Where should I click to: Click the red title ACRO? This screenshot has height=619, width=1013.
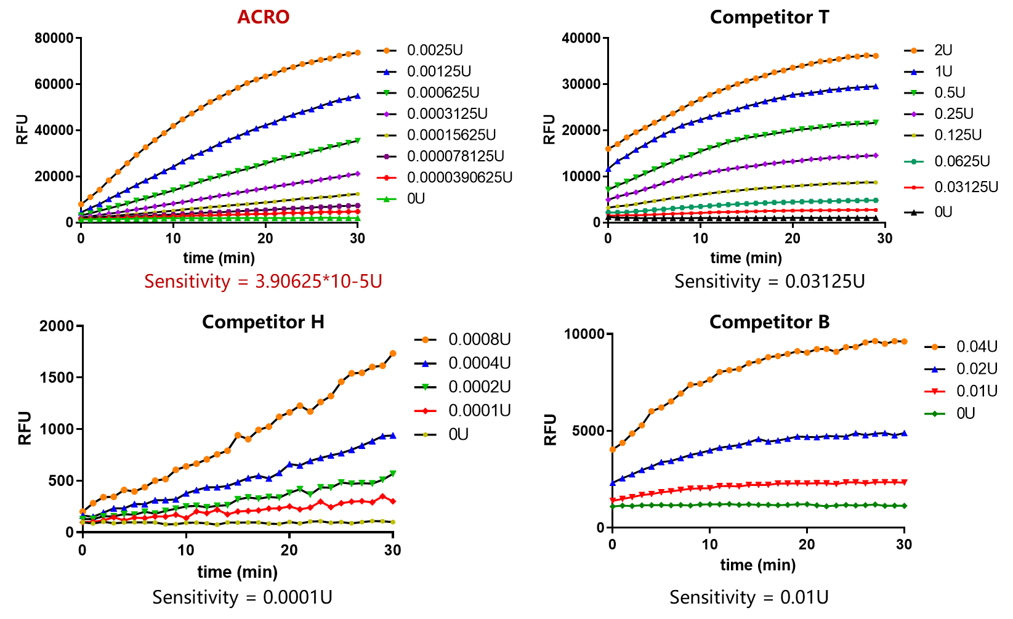pos(263,17)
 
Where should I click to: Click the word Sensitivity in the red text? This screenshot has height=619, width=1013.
pos(187,281)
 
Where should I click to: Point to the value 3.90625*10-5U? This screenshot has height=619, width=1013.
pos(318,281)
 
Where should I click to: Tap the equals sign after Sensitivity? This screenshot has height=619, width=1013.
pos(243,282)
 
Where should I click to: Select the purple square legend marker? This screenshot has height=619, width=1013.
pos(387,156)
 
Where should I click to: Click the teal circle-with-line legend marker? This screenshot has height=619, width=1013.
pos(914,162)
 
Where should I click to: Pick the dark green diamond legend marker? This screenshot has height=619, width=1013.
pos(935,414)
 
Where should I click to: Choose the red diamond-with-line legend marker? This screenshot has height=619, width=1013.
pos(426,411)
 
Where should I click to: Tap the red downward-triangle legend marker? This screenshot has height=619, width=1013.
pos(935,391)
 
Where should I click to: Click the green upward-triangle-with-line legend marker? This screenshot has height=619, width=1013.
pos(387,199)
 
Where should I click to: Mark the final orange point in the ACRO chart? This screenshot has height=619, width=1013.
pos(358,53)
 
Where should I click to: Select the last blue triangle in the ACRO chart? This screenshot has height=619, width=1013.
pos(358,96)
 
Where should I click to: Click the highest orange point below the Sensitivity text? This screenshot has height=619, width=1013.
pos(393,354)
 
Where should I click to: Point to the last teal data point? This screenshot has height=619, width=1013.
pos(876,200)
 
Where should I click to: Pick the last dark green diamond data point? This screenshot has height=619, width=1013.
pos(904,506)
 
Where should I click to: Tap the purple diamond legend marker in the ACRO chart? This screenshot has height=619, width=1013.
pos(387,114)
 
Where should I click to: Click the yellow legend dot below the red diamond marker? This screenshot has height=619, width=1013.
pos(426,435)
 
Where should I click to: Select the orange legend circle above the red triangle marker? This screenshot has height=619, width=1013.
pos(935,347)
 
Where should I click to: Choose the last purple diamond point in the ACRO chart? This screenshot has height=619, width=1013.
pos(358,174)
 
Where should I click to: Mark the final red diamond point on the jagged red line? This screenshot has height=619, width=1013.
pos(393,501)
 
